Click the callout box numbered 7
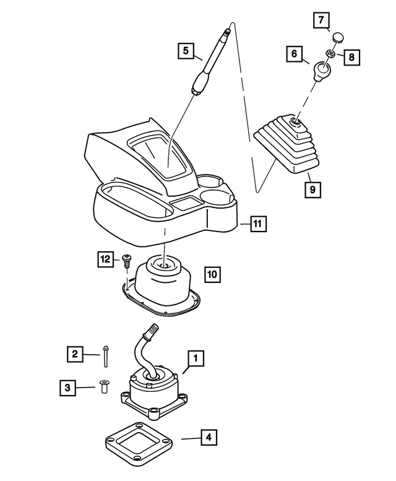321,20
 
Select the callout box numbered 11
258,223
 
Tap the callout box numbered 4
209,437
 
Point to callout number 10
212,274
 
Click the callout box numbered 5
186,51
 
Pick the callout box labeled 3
67,388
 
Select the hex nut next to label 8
330,54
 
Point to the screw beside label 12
126,261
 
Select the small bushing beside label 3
103,386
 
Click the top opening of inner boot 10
163,264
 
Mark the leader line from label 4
191,439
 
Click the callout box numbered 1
196,358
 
